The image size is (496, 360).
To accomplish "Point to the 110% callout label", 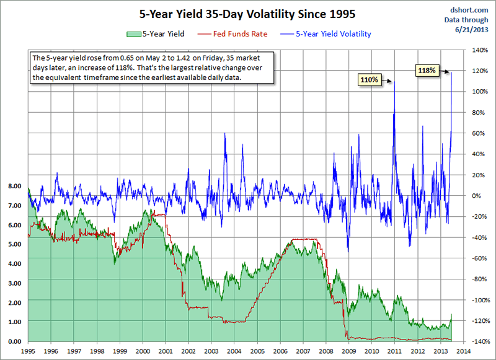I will click(x=369, y=80).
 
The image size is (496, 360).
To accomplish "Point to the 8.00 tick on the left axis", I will click(x=14, y=186).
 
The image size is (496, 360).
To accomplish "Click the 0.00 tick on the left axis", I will click(x=14, y=341).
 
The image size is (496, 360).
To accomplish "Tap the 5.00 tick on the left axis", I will click(x=14, y=244).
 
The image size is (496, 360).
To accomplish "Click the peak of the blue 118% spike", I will click(x=451, y=72).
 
